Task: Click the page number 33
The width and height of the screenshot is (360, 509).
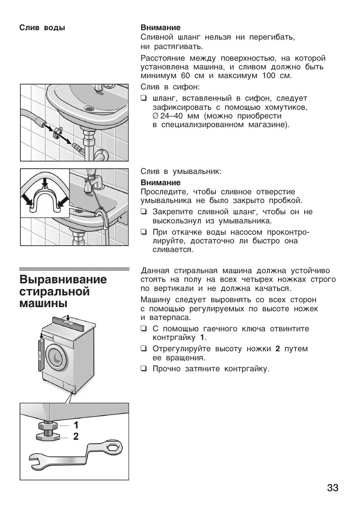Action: [x=332, y=488]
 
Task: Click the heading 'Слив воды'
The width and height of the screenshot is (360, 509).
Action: [x=42, y=28]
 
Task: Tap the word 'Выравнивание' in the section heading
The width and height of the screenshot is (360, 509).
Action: [x=63, y=280]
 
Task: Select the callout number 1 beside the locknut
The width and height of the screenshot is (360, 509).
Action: [x=76, y=425]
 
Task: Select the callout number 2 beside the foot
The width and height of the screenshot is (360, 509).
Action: [x=76, y=437]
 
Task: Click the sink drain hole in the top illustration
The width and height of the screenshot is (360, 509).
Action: [x=89, y=108]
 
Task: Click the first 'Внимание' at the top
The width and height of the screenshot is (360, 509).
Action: [x=160, y=28]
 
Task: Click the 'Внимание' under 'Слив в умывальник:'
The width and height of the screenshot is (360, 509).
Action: [x=160, y=183]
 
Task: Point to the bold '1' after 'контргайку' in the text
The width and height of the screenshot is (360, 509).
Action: [x=203, y=337]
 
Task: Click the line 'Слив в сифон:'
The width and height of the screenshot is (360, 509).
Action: [x=169, y=87]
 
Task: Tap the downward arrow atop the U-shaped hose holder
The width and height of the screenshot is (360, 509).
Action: [x=45, y=182]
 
